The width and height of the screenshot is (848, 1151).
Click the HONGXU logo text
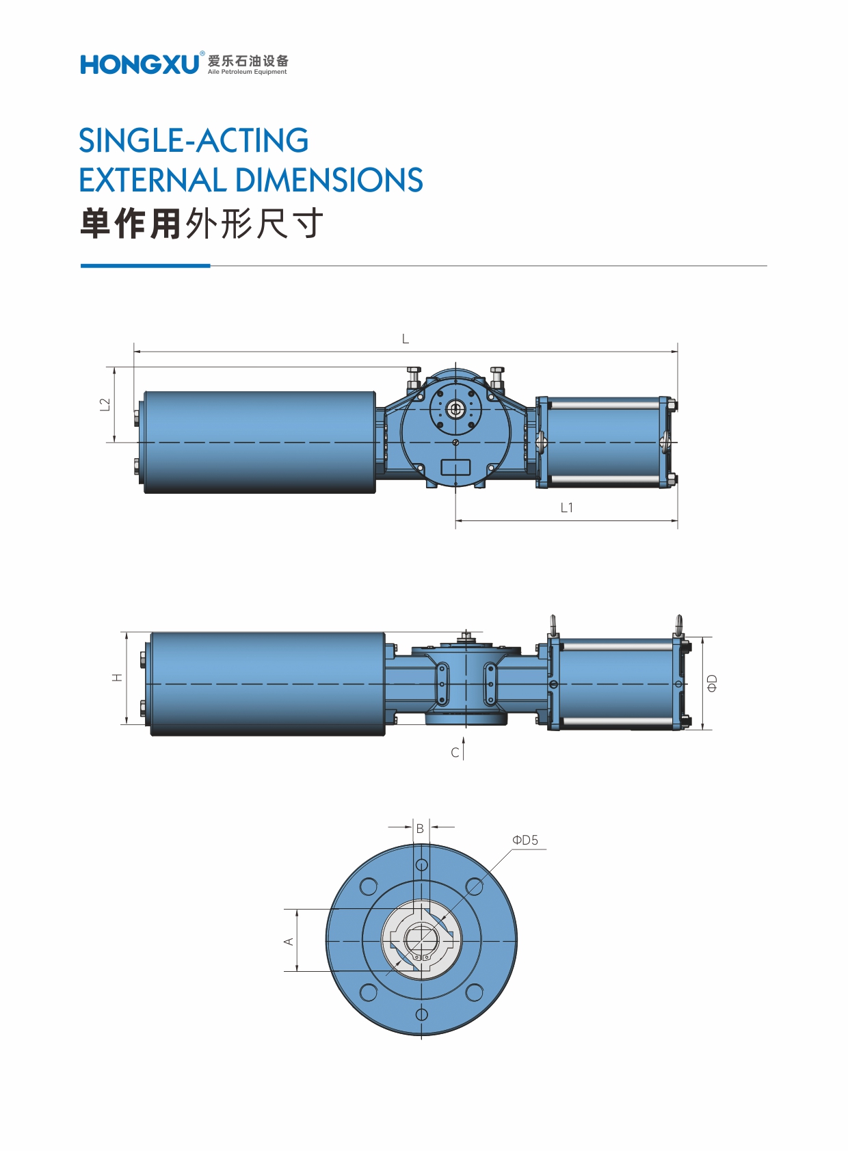(x=140, y=64)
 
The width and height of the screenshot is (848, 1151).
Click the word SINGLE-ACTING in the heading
(x=194, y=141)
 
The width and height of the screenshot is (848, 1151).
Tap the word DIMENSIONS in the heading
(x=330, y=181)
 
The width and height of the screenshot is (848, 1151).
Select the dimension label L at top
(x=406, y=339)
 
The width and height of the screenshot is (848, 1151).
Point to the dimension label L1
(x=566, y=508)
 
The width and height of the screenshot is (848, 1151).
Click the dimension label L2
(x=105, y=404)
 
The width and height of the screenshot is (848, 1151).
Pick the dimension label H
(x=118, y=677)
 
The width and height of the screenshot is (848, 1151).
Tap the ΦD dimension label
(x=712, y=683)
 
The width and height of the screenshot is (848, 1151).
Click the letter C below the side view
(x=455, y=753)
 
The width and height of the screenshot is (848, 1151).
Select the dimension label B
(x=420, y=828)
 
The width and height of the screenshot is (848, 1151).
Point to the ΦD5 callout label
(x=525, y=840)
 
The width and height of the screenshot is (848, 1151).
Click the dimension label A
(x=289, y=941)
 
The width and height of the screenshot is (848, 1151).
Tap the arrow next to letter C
(x=464, y=748)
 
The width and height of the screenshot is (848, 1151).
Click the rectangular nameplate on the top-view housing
(x=455, y=468)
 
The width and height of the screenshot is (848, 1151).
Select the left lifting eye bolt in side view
(x=553, y=625)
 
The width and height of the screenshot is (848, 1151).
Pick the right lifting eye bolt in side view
(x=678, y=625)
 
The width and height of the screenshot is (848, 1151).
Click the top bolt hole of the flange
(x=422, y=865)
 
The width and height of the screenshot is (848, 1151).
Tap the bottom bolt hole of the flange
(x=422, y=1014)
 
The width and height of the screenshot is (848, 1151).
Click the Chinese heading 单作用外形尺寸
(x=202, y=224)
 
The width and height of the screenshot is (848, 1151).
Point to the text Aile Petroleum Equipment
(x=248, y=72)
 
